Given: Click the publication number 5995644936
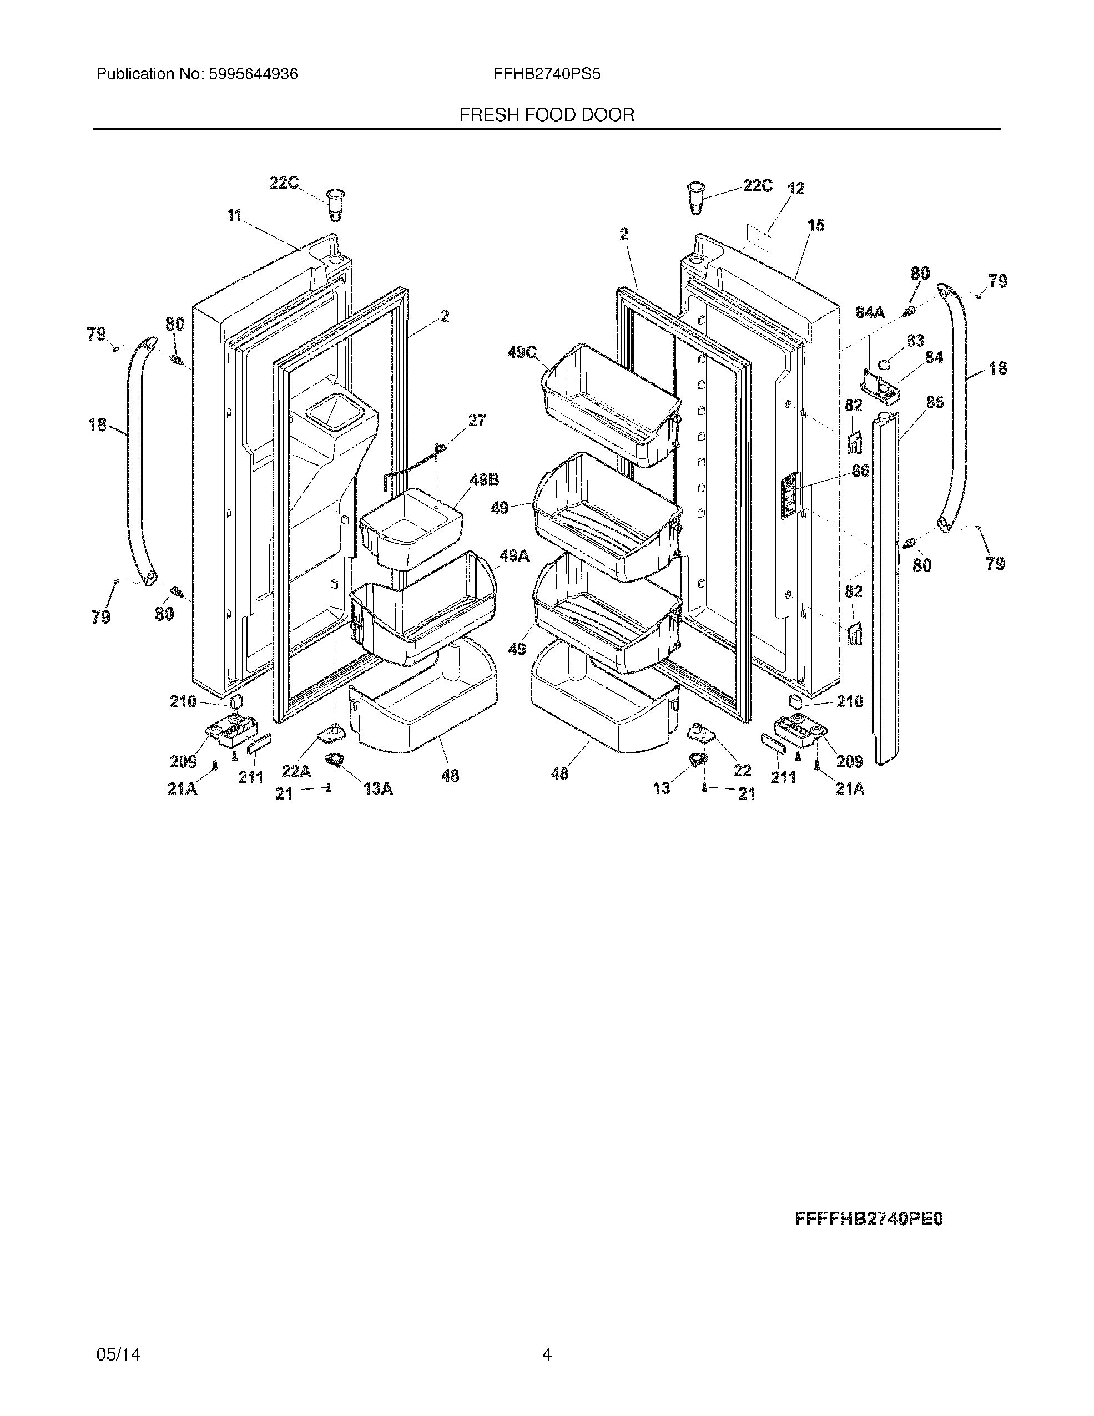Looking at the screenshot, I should pyautogui.click(x=253, y=74).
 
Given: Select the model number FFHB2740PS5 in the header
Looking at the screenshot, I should pyautogui.click(x=547, y=74).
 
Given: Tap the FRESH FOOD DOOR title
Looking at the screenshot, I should pyautogui.click(x=547, y=115).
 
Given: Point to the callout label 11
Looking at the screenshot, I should pyautogui.click(x=234, y=215).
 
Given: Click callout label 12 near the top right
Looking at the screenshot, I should pyautogui.click(x=796, y=189).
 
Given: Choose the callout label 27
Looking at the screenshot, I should pyautogui.click(x=477, y=420).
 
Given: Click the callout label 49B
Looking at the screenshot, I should pyautogui.click(x=485, y=481).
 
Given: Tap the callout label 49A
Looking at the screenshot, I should pyautogui.click(x=514, y=555).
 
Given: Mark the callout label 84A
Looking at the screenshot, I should pyautogui.click(x=870, y=312).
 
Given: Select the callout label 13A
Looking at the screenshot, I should pyautogui.click(x=377, y=789).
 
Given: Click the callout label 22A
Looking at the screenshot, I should pyautogui.click(x=296, y=772).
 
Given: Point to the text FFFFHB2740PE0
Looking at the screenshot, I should pyautogui.click(x=869, y=1220).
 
